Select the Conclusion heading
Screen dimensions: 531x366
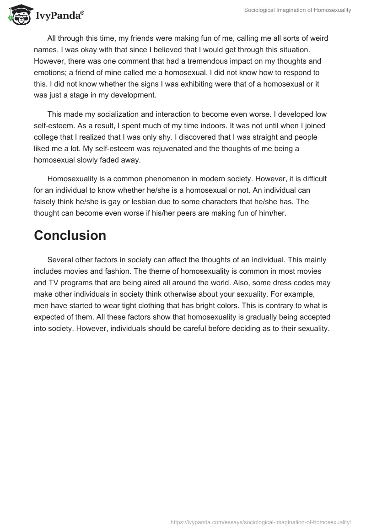click(x=70, y=235)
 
